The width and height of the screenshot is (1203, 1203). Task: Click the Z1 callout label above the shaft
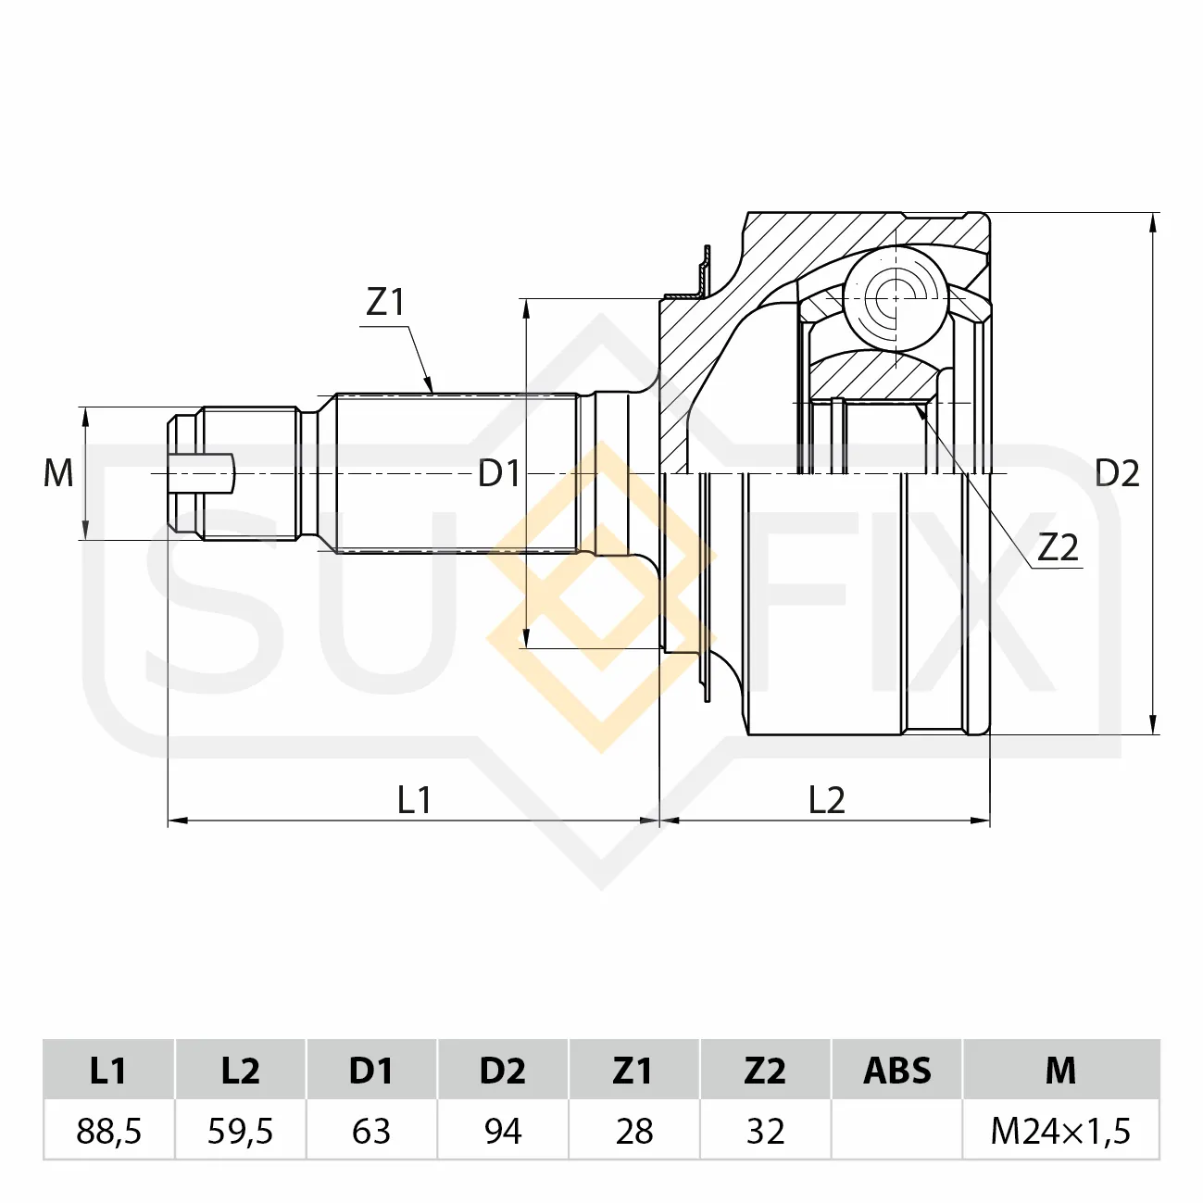(x=385, y=302)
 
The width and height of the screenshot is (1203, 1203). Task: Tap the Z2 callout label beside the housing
(x=1058, y=547)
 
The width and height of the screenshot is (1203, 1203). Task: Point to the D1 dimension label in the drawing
(x=499, y=473)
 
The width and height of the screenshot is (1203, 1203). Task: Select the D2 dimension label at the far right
(x=1117, y=473)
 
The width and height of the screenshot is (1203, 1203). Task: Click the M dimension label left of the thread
(x=58, y=473)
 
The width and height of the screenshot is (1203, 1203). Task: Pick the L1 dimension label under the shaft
(x=414, y=800)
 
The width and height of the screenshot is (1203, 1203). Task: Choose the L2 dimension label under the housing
(x=827, y=800)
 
